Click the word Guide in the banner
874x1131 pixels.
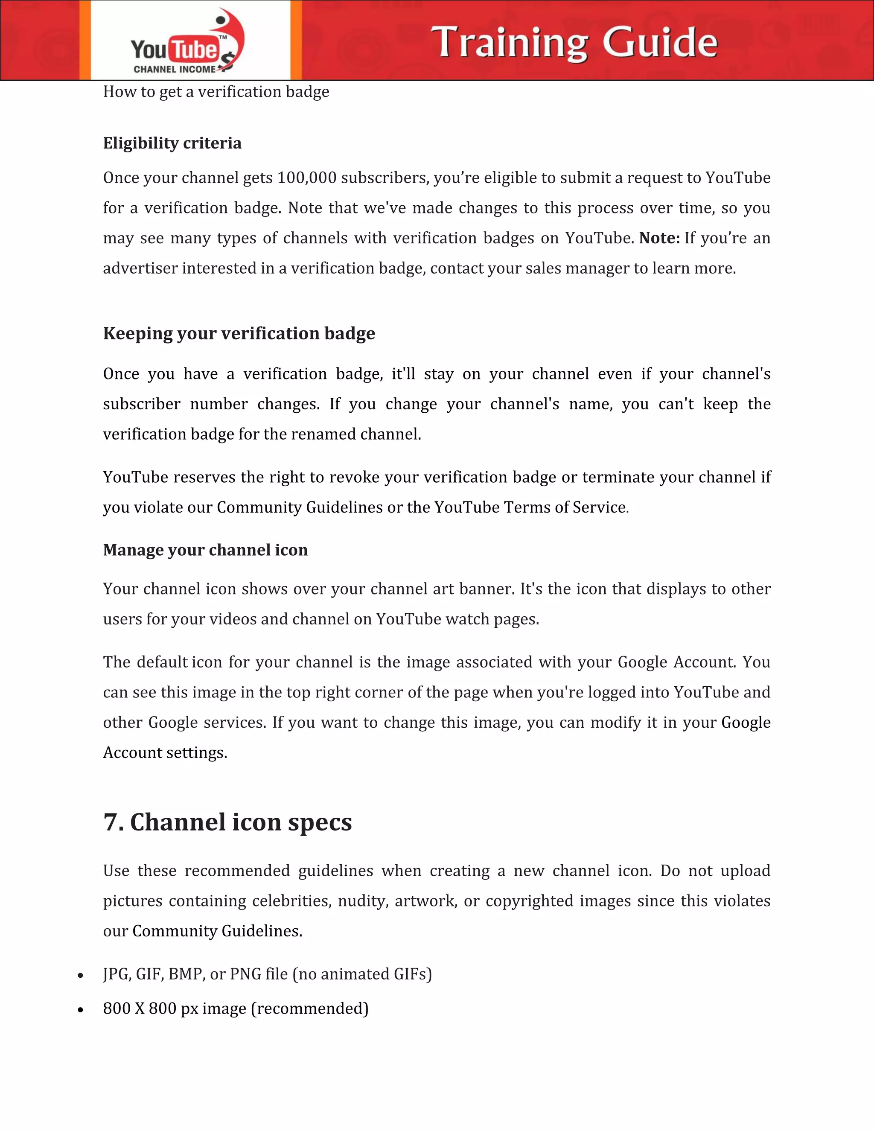[x=660, y=42]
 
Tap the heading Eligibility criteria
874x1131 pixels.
[x=172, y=143]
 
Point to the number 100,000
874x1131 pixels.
[x=306, y=178]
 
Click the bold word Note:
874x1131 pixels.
[x=659, y=238]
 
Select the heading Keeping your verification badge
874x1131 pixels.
[x=239, y=333]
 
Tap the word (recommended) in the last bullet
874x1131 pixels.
[x=310, y=1008]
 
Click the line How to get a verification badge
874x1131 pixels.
[x=216, y=92]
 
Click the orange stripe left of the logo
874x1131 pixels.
[x=85, y=41]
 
